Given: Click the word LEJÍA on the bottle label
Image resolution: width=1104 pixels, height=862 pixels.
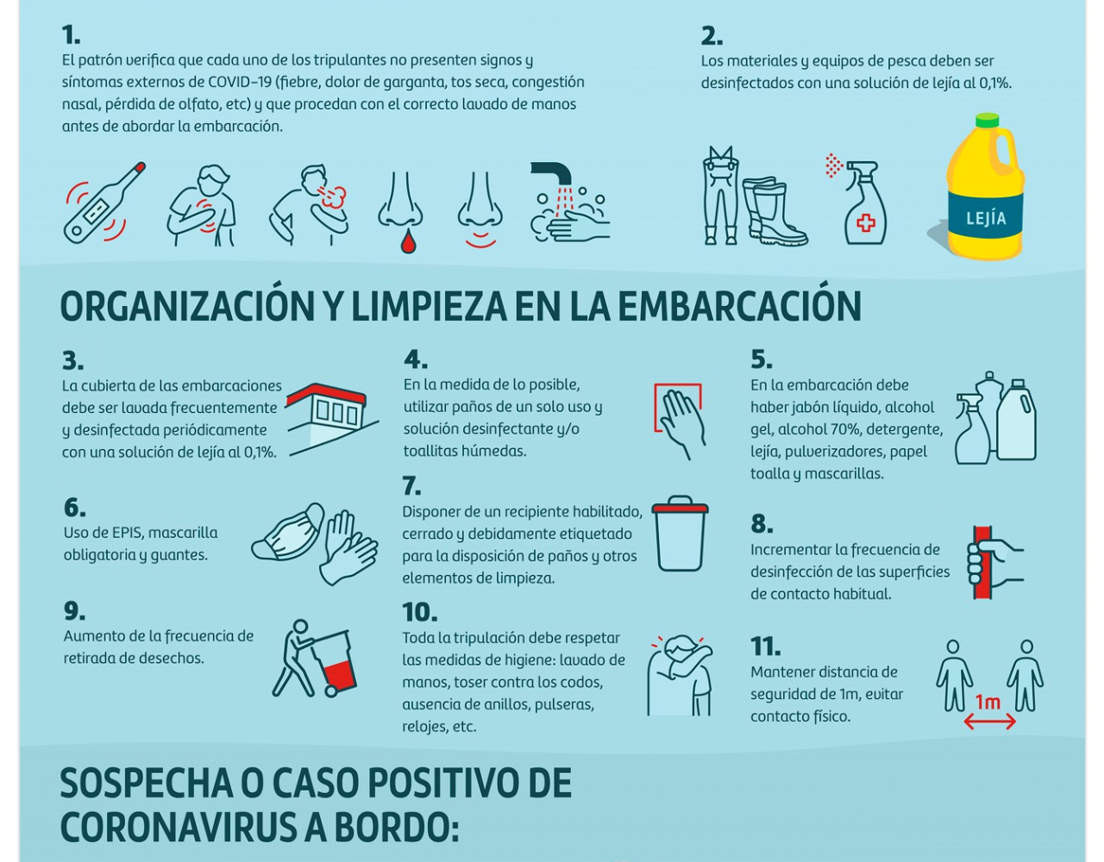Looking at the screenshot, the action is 986,218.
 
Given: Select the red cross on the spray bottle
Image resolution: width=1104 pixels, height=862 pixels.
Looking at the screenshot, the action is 865,223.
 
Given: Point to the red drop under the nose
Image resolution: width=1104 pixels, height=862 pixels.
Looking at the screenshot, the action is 408,241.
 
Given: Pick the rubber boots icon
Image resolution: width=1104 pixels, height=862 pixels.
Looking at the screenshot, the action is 774,211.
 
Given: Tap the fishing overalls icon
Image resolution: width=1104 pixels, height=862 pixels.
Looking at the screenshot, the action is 720,196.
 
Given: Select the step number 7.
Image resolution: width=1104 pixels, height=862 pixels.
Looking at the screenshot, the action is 411,486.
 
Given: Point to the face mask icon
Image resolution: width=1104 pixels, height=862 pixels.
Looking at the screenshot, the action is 288,532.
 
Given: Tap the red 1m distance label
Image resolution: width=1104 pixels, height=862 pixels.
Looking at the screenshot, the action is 988,702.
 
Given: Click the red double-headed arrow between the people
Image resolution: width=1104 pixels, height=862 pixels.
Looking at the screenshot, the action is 989,721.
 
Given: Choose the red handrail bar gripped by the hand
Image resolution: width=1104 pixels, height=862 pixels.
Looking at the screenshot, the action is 982,563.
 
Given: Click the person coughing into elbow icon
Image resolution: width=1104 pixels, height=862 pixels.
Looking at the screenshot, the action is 681,675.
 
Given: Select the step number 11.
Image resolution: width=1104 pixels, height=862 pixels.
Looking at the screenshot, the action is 765,646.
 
